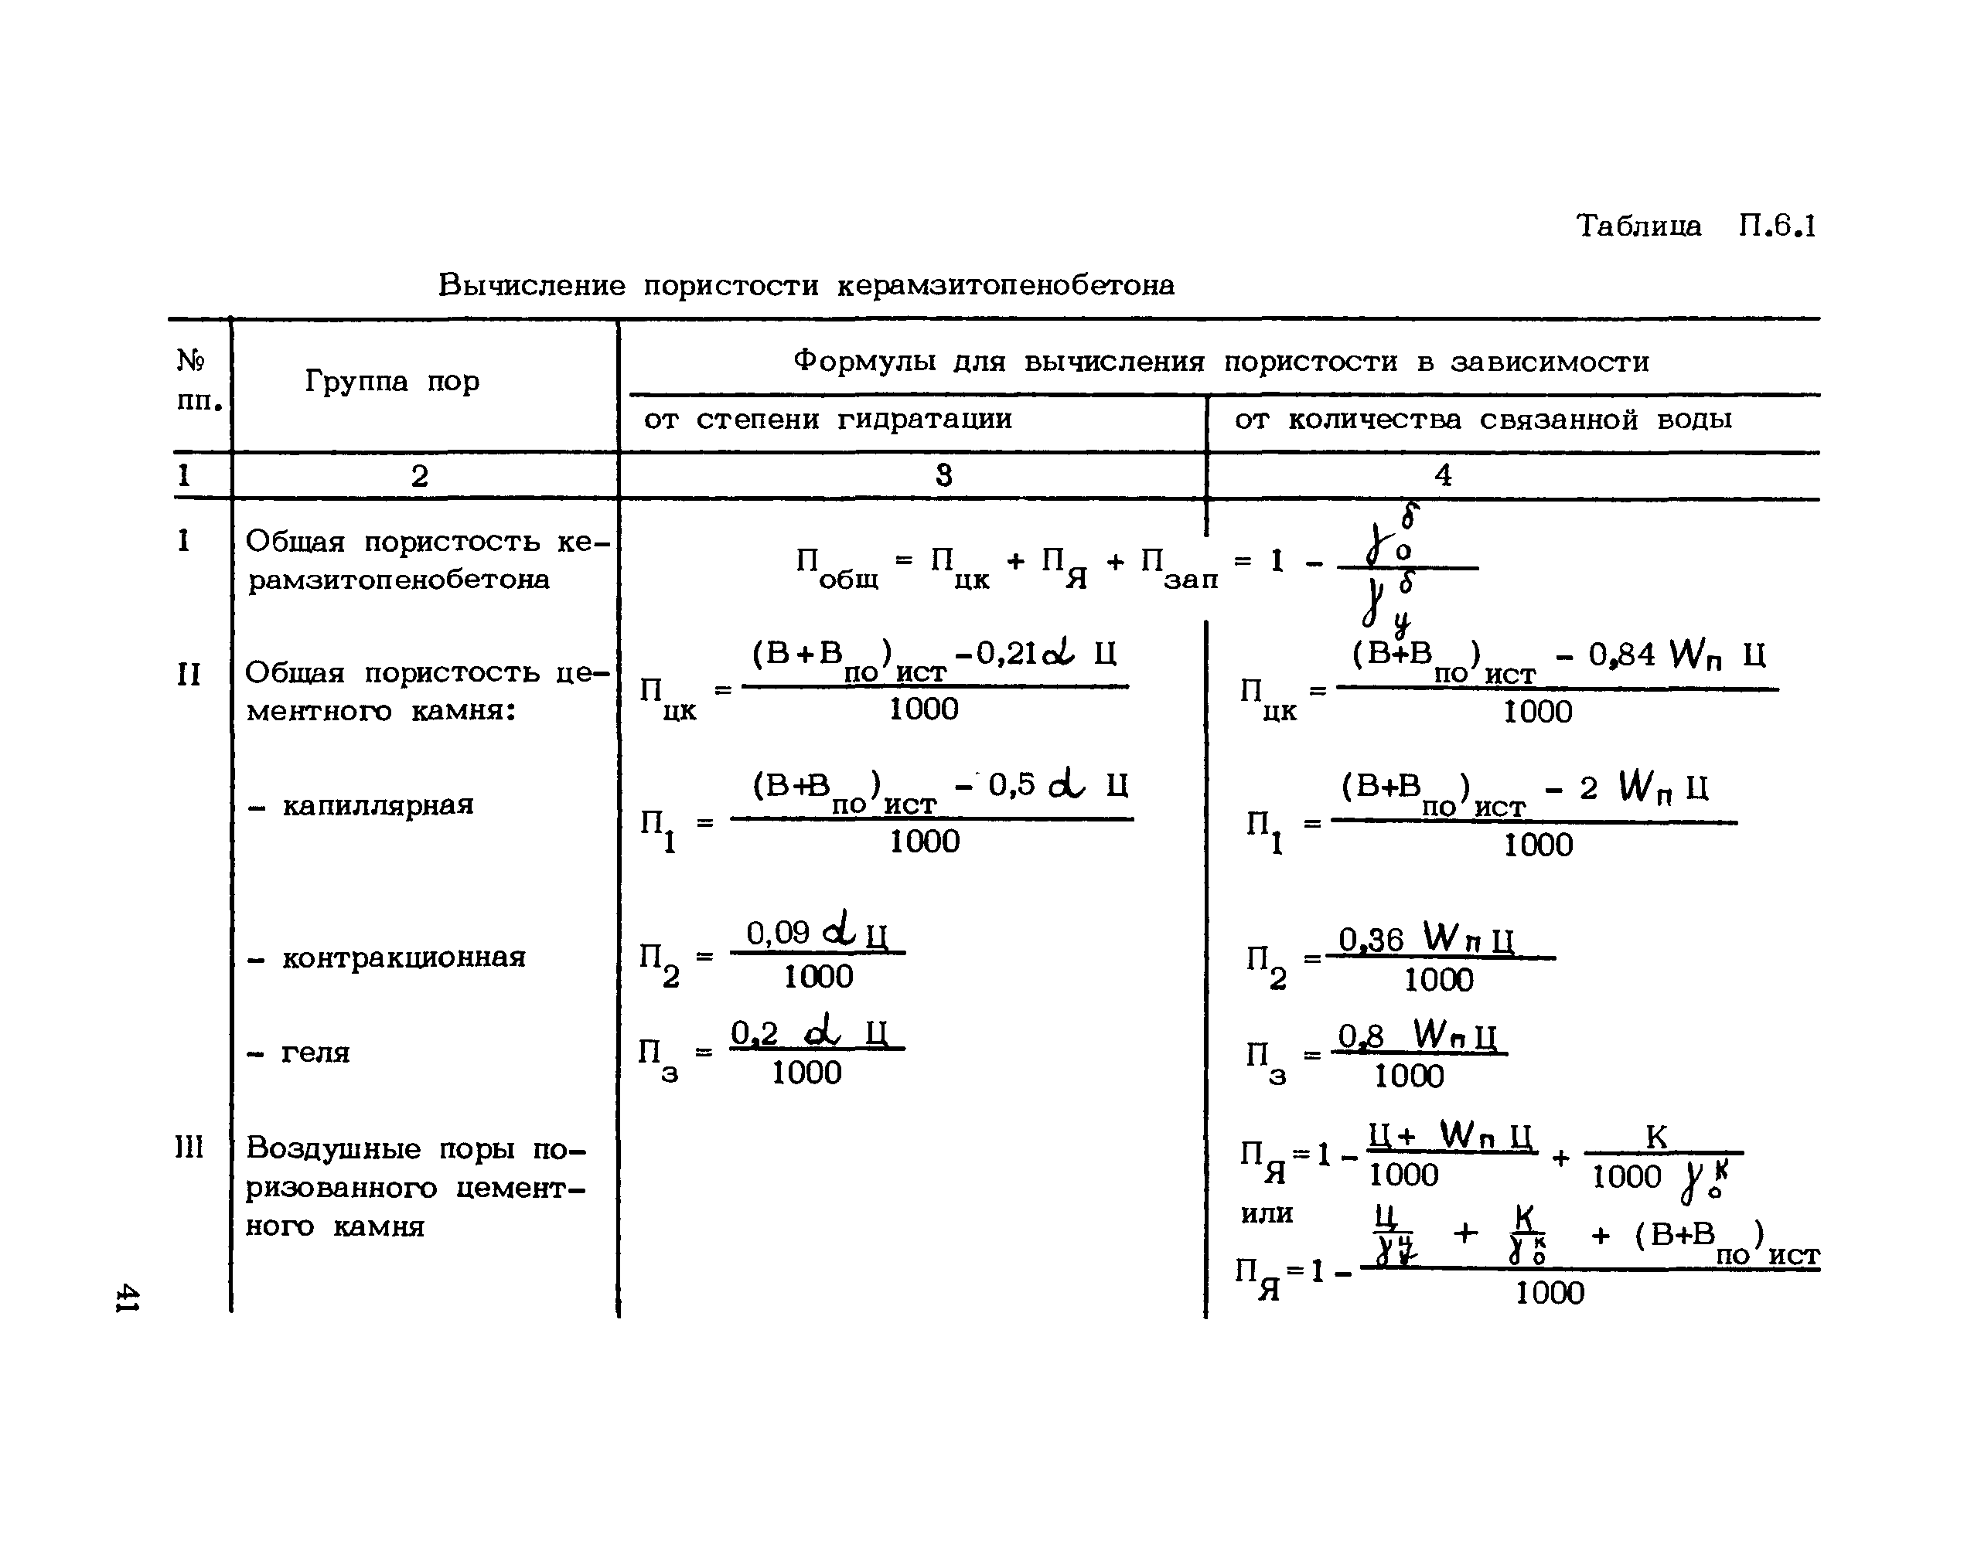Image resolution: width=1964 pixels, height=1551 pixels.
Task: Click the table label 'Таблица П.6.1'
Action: click(1696, 225)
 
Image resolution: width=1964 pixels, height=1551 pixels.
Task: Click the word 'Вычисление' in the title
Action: click(531, 285)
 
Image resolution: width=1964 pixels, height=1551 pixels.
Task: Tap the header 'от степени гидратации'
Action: click(827, 420)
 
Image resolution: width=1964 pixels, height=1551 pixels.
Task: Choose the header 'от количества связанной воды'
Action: click(1482, 420)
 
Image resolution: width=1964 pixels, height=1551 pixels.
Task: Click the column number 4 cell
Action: click(1443, 475)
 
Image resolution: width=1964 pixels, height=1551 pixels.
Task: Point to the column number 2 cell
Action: click(419, 476)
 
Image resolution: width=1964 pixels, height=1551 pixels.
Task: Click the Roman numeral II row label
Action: click(188, 675)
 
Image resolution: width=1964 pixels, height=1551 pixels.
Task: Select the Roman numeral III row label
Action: click(189, 1148)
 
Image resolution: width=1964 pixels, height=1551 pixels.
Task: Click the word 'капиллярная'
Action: click(378, 805)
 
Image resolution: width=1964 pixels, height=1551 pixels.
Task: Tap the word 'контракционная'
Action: click(404, 957)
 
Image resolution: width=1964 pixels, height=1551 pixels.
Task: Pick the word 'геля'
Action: click(315, 1053)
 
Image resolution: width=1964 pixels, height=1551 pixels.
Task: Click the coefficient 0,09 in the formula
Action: click(778, 933)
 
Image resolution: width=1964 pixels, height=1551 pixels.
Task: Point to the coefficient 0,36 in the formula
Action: click(1371, 939)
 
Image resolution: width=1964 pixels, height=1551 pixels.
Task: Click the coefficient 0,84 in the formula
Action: click(1621, 655)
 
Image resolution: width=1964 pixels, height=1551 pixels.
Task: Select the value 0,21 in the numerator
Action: click(1008, 653)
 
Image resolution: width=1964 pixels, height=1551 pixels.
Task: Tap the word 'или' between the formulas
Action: click(1267, 1214)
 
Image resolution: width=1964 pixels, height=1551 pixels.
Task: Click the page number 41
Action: click(126, 1298)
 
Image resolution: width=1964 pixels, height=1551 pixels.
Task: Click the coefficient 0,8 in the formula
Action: click(1361, 1036)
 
